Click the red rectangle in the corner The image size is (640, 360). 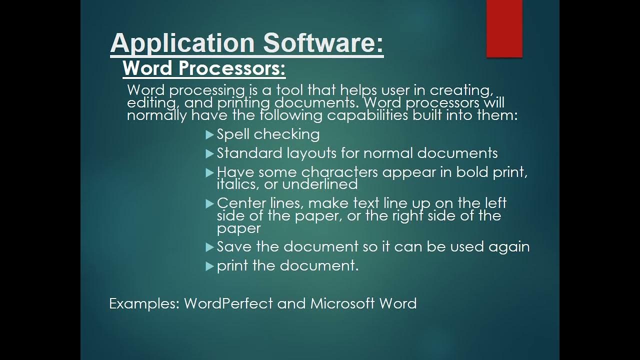point(504,28)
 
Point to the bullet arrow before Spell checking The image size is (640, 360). point(209,134)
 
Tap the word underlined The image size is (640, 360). point(320,184)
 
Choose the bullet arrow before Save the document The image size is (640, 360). point(209,247)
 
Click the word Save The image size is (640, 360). point(234,246)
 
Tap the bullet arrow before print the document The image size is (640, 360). point(209,266)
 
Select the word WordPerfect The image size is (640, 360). point(228,303)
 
